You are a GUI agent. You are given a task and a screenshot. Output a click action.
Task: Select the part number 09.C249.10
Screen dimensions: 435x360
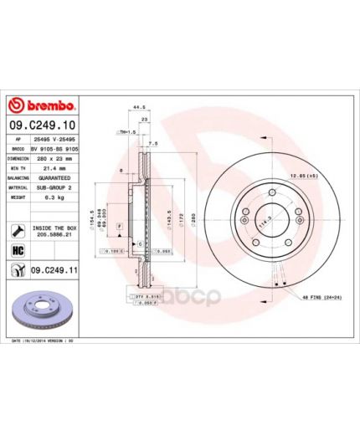[x=42, y=123]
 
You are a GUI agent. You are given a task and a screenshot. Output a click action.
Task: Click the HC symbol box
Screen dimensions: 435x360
[x=18, y=250]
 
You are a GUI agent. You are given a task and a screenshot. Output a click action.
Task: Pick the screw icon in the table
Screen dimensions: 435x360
[x=18, y=229]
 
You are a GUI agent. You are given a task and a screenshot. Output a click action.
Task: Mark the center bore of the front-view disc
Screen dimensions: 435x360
[x=273, y=220]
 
